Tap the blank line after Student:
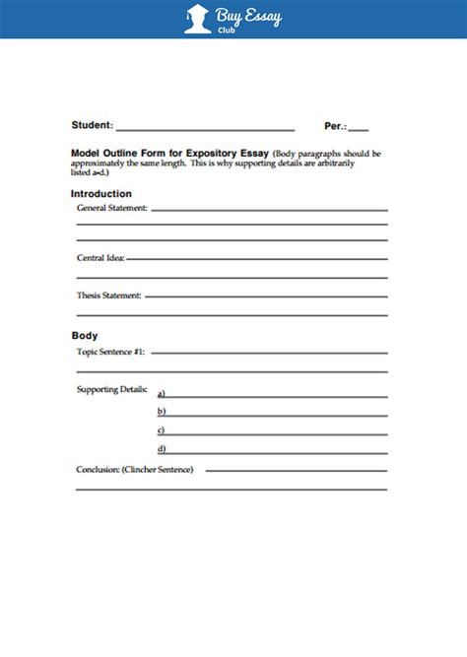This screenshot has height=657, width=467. pyautogui.click(x=206, y=128)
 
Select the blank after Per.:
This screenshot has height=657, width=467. pyautogui.click(x=359, y=128)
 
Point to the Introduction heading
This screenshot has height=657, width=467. pyautogui.click(x=100, y=194)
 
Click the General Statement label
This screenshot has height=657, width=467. pyautogui.click(x=112, y=208)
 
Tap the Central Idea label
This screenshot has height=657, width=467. pyautogui.click(x=100, y=257)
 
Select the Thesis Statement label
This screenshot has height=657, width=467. pyautogui.click(x=108, y=295)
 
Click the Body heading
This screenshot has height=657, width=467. pyautogui.click(x=85, y=336)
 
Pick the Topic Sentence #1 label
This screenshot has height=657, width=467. pyautogui.click(x=110, y=351)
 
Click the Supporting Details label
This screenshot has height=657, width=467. pyautogui.click(x=111, y=389)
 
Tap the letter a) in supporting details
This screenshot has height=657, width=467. pyautogui.click(x=161, y=393)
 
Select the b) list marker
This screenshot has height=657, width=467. pyautogui.click(x=161, y=411)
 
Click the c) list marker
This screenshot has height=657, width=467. pyautogui.click(x=161, y=429)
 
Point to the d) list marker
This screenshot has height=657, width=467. pyautogui.click(x=161, y=448)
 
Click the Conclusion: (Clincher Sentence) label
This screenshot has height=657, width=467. pyautogui.click(x=135, y=469)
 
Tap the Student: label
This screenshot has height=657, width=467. pyautogui.click(x=93, y=126)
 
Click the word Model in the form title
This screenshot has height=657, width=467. pyautogui.click(x=87, y=155)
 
